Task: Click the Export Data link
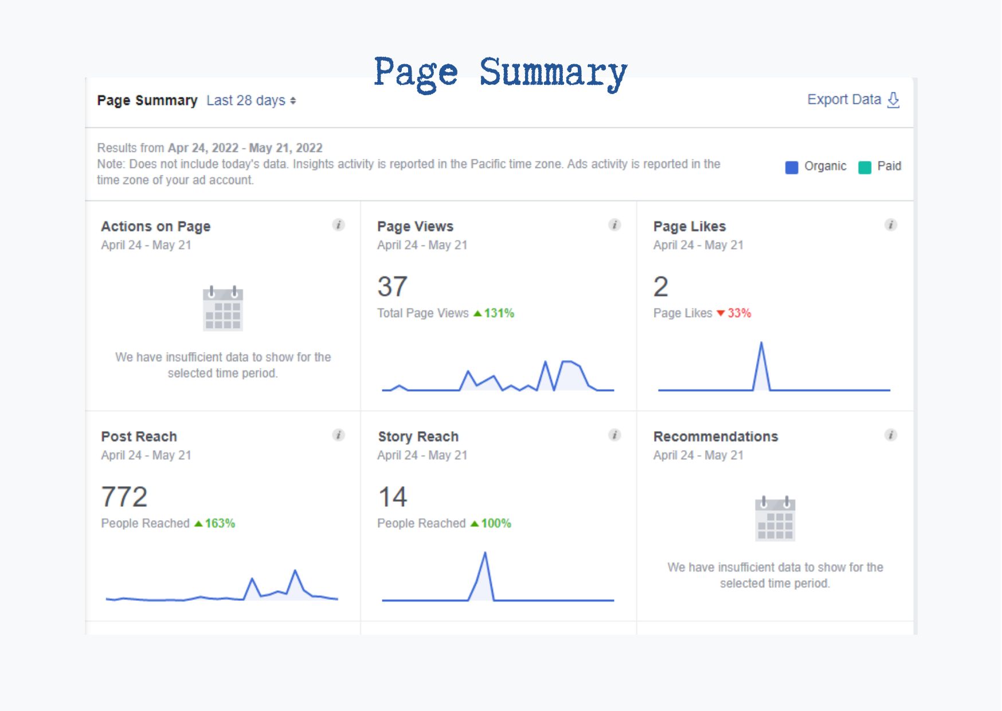tap(852, 100)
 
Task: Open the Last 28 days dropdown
tap(251, 101)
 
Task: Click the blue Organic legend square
tap(791, 167)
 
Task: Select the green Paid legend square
tap(864, 167)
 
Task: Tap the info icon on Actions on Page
tap(339, 225)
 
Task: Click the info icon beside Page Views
tap(614, 225)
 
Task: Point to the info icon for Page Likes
tap(891, 225)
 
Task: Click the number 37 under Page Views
tap(393, 287)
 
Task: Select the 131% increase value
tap(499, 313)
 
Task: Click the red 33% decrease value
tap(739, 313)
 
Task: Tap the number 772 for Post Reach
tap(124, 497)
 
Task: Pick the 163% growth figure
tap(220, 524)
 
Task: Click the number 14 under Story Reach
tap(393, 497)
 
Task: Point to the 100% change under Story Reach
tap(496, 524)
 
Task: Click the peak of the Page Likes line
tap(761, 343)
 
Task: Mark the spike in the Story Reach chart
tap(485, 553)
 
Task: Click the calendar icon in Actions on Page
tap(223, 308)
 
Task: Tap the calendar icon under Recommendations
tap(775, 519)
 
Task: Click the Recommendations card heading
tap(715, 436)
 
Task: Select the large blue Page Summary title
tap(500, 73)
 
